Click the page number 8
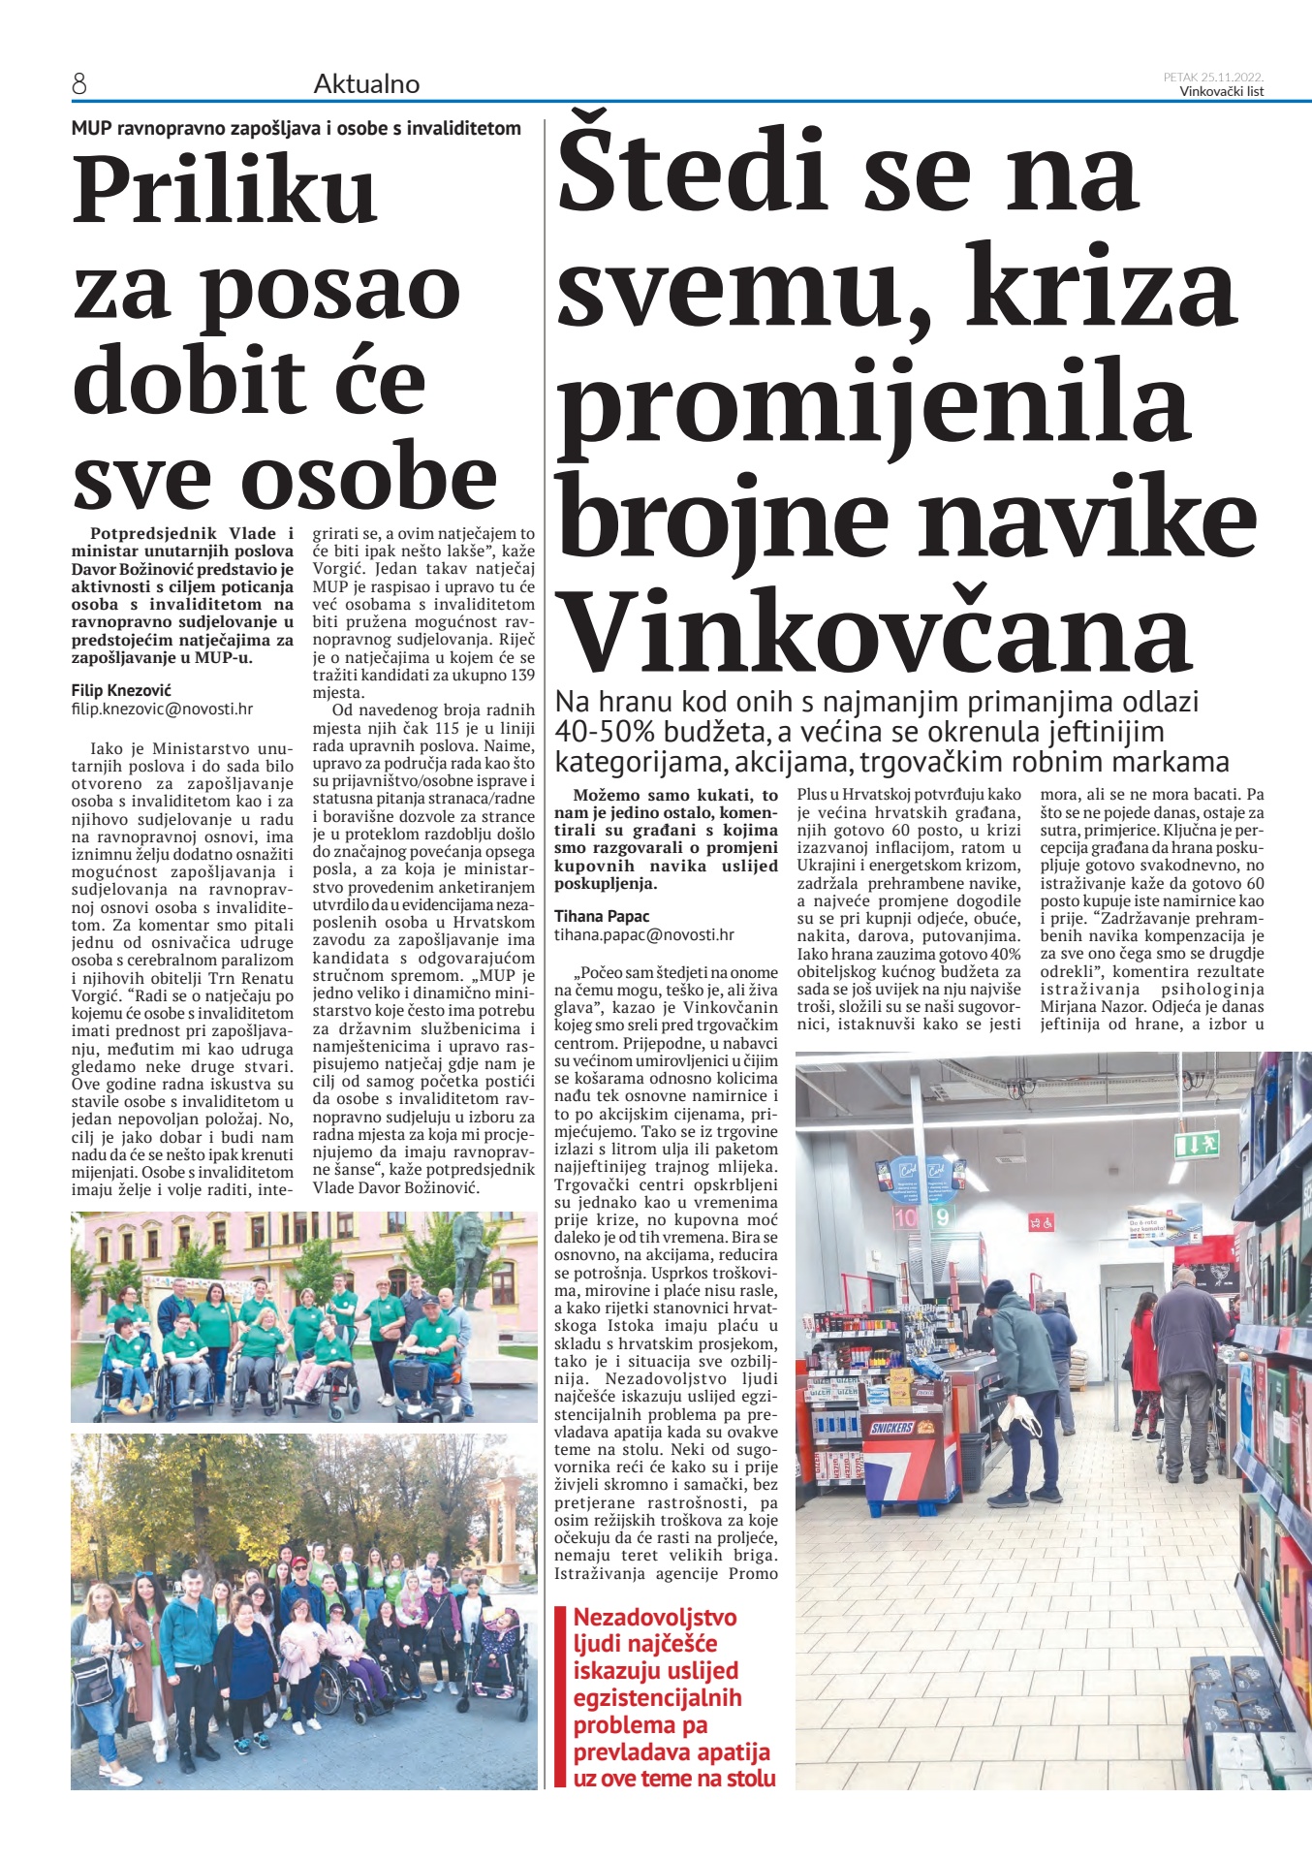[x=79, y=85]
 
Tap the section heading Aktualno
[x=366, y=85]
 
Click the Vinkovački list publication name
[x=1221, y=92]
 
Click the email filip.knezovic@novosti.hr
[x=162, y=709]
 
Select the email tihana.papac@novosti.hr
[x=644, y=935]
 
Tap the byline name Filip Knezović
[x=121, y=690]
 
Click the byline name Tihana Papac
[x=602, y=916]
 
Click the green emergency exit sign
[x=1196, y=1147]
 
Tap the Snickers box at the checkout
[x=892, y=1428]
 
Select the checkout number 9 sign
[x=941, y=1216]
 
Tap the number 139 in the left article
[x=520, y=676]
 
